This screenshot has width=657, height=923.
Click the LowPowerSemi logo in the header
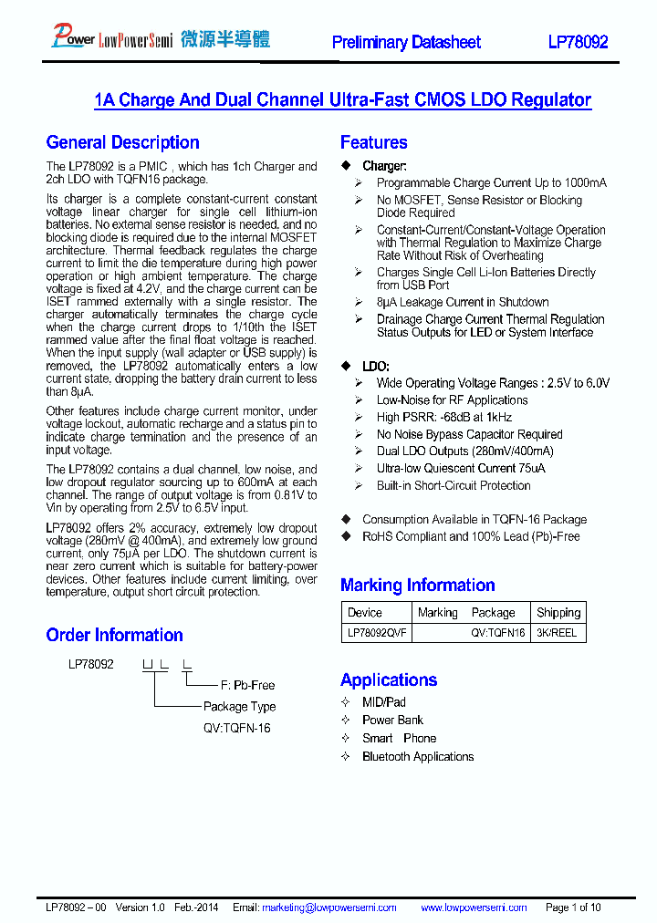coord(161,37)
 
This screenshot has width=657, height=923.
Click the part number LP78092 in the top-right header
coord(578,42)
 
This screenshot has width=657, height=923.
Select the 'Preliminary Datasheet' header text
coord(406,42)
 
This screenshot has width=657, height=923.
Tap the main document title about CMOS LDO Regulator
coord(342,100)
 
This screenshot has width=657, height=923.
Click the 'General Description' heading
coord(122,142)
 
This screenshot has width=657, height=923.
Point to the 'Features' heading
coord(373,142)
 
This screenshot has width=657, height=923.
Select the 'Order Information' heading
coord(114,635)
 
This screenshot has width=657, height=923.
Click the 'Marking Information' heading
coord(417,586)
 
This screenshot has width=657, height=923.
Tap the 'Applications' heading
coord(388,679)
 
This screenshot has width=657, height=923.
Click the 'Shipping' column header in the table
coord(558,613)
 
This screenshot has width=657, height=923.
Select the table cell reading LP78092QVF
coord(377,632)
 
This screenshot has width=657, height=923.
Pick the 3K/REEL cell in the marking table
coord(557,632)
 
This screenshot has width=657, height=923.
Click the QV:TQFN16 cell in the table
coord(497,632)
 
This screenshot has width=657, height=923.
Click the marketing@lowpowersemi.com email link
coord(328,907)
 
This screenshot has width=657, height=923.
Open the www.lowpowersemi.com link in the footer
coord(474,907)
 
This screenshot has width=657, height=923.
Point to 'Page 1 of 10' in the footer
coord(573,907)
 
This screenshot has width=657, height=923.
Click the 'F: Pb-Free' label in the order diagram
coord(247,685)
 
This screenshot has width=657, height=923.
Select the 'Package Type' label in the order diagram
coord(239,707)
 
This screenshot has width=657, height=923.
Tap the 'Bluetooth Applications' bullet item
coord(418,757)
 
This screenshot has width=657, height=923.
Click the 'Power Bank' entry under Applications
coord(392,721)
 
